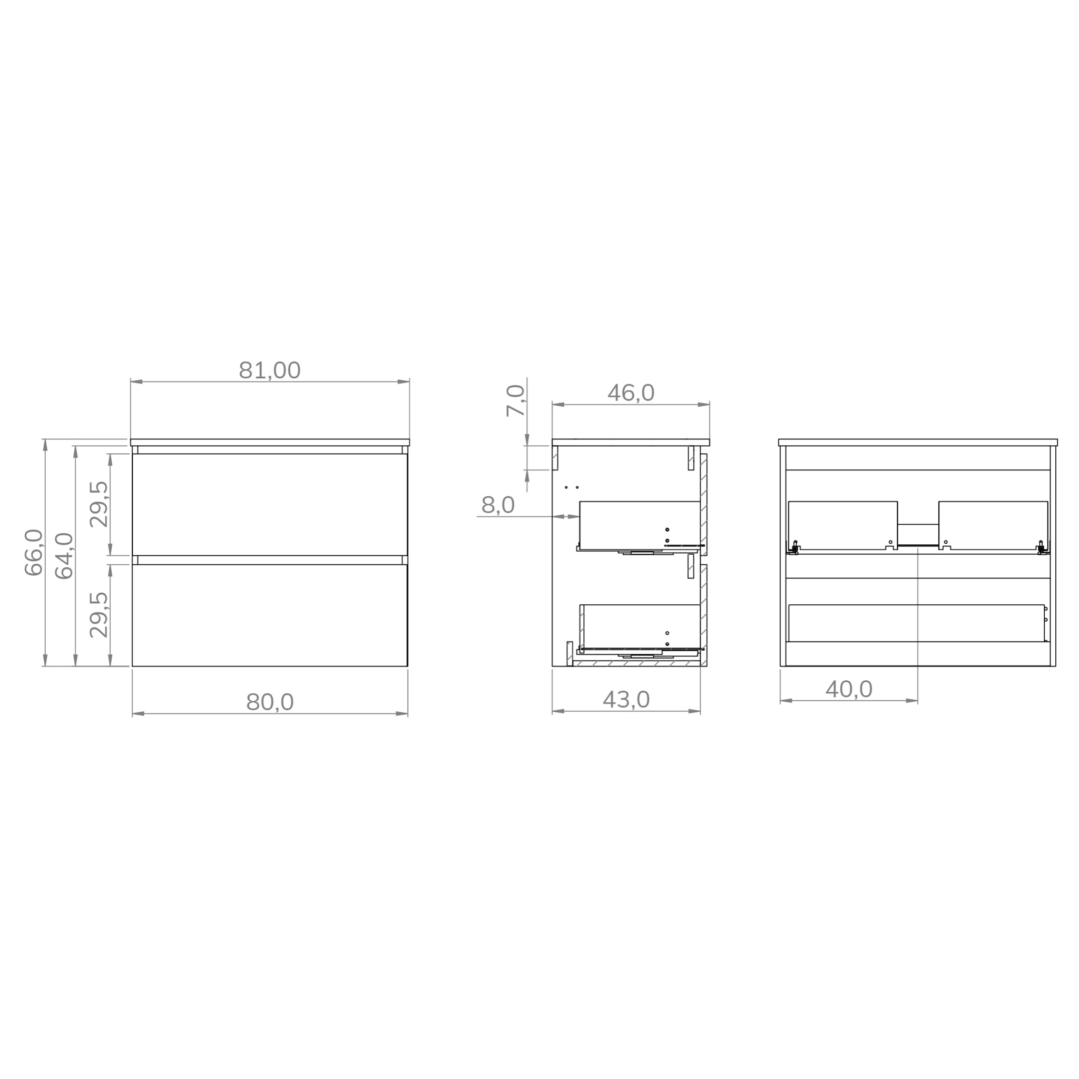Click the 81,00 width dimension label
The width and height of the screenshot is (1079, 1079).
pyautogui.click(x=270, y=370)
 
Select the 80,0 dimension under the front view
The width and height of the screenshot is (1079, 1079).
pyautogui.click(x=270, y=702)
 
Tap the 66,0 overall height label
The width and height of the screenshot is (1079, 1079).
pyautogui.click(x=34, y=552)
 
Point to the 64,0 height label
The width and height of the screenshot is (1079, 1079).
pyautogui.click(x=64, y=555)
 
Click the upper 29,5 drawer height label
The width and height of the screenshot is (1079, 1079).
pyautogui.click(x=99, y=504)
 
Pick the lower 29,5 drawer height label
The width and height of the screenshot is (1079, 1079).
pyautogui.click(x=99, y=614)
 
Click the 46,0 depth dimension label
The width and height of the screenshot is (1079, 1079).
pyautogui.click(x=631, y=393)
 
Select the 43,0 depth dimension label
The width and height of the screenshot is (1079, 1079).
pyautogui.click(x=626, y=699)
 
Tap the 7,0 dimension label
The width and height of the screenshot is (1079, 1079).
pyautogui.click(x=515, y=400)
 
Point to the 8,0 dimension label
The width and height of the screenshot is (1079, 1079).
pyautogui.click(x=497, y=505)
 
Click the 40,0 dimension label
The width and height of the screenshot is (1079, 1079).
pyautogui.click(x=848, y=689)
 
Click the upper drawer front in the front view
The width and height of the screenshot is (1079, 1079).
pyautogui.click(x=270, y=504)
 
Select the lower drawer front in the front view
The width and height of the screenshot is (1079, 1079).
pyautogui.click(x=270, y=614)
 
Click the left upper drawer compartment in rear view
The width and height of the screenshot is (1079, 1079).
pyautogui.click(x=842, y=524)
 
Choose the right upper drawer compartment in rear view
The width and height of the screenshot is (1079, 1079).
pyautogui.click(x=993, y=524)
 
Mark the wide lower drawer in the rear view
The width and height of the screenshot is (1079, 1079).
pyautogui.click(x=915, y=622)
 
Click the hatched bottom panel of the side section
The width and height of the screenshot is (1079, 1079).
pyautogui.click(x=636, y=663)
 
